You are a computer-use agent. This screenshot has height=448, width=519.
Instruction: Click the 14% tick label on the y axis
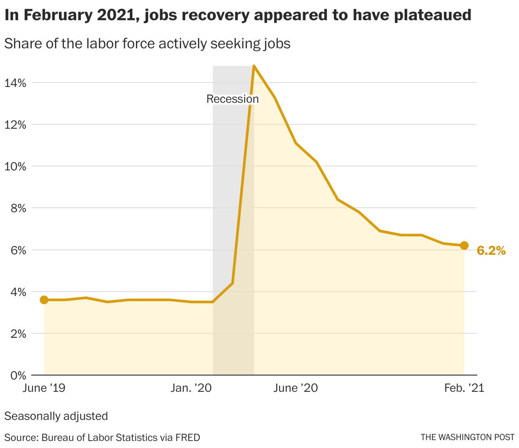15,83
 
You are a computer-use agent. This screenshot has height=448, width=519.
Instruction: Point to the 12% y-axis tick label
15,125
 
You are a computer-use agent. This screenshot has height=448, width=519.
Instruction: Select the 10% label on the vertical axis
15,166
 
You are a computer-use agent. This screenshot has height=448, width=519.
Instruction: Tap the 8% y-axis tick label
18,208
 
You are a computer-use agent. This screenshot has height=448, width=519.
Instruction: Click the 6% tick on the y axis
18,250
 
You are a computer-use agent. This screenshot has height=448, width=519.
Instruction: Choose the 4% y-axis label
18,292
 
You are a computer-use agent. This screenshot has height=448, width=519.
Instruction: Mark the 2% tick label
18,333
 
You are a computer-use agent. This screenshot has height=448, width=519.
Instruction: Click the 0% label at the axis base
18,375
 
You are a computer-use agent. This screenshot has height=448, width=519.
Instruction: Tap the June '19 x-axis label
44,388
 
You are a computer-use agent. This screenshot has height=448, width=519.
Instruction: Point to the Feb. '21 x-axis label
464,388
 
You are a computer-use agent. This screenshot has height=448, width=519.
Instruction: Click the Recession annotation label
233,99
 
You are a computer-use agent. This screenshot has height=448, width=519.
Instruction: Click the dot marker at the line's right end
464,246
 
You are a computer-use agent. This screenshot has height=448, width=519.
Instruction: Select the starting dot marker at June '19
44,300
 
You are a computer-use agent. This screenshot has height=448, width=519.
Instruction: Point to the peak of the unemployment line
254,66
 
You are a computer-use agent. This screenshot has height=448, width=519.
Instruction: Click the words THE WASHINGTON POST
467,437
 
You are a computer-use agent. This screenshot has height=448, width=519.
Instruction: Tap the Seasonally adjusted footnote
56,415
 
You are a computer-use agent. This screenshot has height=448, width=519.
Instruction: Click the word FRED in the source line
187,437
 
